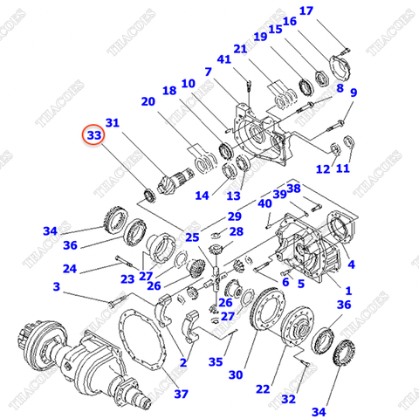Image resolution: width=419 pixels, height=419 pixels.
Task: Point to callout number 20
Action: click(x=148, y=101)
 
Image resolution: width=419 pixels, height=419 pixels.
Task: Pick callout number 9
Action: click(x=354, y=93)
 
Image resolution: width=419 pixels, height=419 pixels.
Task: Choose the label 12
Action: click(x=322, y=168)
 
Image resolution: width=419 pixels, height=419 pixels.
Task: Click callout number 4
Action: click(x=351, y=264)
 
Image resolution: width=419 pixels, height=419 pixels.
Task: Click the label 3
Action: click(x=56, y=286)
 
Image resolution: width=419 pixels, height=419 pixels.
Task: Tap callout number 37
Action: click(x=181, y=394)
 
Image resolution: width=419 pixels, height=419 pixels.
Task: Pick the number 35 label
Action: click(x=215, y=361)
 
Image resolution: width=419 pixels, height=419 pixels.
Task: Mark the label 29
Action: click(x=234, y=216)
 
